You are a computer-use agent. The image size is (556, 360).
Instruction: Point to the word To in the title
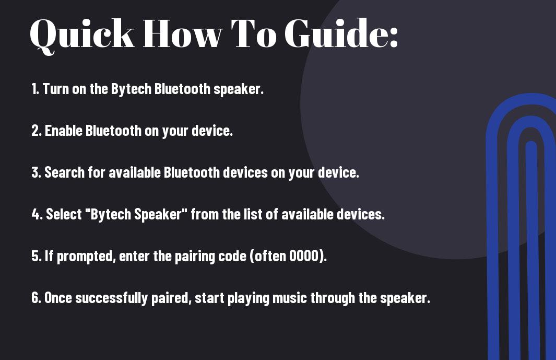click(254, 33)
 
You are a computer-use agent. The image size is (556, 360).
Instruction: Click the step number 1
click(35, 89)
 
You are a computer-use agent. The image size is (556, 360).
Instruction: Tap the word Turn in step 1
click(56, 89)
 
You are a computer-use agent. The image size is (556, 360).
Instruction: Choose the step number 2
click(36, 131)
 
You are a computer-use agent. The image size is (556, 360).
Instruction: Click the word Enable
click(64, 131)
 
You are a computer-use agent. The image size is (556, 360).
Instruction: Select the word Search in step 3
click(65, 172)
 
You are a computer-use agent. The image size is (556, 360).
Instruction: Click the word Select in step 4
click(64, 214)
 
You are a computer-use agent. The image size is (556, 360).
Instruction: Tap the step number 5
click(36, 256)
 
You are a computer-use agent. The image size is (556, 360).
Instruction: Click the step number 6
click(36, 298)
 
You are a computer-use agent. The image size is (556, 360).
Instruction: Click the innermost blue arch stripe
click(531, 249)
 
